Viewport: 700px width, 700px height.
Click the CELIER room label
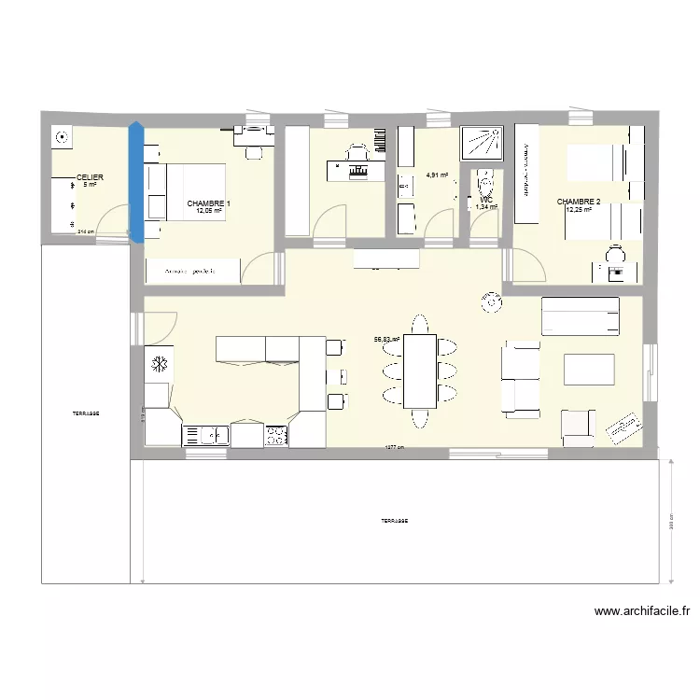[90, 176]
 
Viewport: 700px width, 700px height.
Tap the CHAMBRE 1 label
[208, 203]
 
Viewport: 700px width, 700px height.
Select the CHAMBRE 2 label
[579, 201]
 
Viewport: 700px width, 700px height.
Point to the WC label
[486, 200]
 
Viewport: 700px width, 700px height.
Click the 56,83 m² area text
[386, 340]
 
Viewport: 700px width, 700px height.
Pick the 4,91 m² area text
[437, 175]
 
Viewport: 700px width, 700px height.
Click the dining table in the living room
[419, 371]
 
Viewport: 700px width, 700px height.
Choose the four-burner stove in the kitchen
[276, 435]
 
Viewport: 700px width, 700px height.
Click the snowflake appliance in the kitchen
[159, 362]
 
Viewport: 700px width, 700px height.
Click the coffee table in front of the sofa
[589, 369]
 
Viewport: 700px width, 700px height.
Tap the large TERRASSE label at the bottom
[394, 521]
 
